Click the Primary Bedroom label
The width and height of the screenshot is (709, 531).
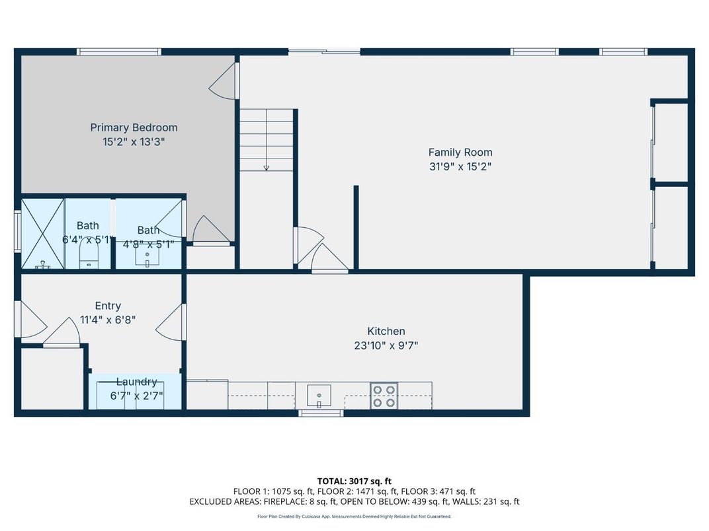(x=134, y=127)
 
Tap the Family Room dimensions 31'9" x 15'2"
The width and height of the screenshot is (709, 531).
(x=460, y=166)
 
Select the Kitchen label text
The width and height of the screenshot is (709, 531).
(x=386, y=331)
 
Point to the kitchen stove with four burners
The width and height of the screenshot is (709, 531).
(x=384, y=396)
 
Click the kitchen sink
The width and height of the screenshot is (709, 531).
(x=319, y=396)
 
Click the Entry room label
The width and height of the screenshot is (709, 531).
(x=108, y=306)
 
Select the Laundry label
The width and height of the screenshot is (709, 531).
(x=136, y=382)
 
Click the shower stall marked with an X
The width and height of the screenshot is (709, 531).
(x=42, y=233)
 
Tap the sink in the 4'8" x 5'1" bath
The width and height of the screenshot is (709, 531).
(x=147, y=258)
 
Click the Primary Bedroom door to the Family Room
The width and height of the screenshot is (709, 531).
(x=224, y=81)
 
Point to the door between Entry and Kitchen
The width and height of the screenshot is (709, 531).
(x=171, y=322)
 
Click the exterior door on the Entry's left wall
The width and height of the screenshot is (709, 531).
(x=30, y=319)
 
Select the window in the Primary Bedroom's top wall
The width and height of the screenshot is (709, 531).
(x=119, y=52)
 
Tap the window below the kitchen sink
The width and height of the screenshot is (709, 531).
(x=321, y=413)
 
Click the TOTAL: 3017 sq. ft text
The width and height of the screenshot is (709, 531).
(x=354, y=481)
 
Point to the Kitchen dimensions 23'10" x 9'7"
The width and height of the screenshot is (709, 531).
(x=386, y=345)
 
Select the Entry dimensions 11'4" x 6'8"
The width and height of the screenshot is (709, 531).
(x=108, y=320)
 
